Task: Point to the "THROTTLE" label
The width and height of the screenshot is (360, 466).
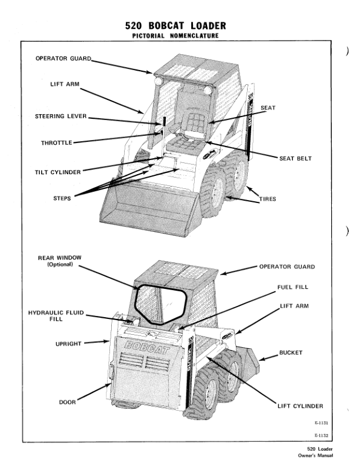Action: coord(56,142)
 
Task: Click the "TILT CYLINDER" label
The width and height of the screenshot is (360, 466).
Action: coord(58,172)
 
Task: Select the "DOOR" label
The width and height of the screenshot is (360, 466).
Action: coord(68,402)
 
